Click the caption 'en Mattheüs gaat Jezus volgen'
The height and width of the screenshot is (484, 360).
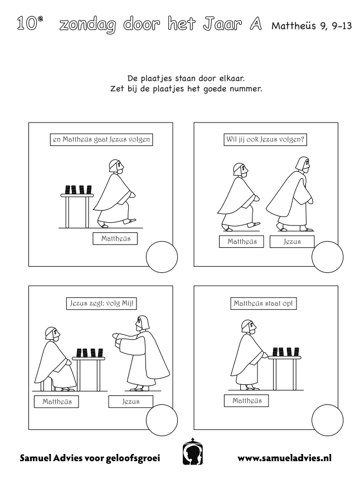(101, 140)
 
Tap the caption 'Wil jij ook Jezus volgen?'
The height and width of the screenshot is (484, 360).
(265, 139)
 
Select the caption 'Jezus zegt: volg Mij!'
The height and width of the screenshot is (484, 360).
(101, 304)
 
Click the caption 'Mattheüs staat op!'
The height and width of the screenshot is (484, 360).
(264, 304)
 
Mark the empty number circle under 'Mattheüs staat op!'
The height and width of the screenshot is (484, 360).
(327, 420)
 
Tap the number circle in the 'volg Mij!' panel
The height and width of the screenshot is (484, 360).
(162, 420)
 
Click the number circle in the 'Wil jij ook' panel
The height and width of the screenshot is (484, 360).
(327, 257)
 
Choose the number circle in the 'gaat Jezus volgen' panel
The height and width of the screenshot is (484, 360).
(162, 257)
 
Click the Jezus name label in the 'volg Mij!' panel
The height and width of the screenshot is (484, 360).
(130, 402)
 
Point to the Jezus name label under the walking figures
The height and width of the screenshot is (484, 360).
(292, 242)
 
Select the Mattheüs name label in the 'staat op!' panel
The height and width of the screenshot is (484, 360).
(246, 400)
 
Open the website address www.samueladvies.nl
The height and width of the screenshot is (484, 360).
(284, 458)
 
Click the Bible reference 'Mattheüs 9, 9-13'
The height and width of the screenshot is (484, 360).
(312, 26)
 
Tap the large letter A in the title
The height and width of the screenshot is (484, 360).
(256, 24)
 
